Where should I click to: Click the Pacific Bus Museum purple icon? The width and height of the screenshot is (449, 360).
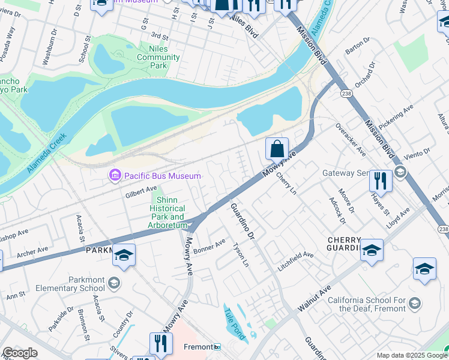114,175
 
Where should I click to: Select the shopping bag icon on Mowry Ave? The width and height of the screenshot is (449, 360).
277,148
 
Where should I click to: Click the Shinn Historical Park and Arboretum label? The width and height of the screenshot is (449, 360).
169,212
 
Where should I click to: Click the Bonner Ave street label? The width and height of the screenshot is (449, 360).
209,246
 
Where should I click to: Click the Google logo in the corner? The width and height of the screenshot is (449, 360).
20,353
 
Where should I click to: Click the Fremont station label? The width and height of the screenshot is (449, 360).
200,347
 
